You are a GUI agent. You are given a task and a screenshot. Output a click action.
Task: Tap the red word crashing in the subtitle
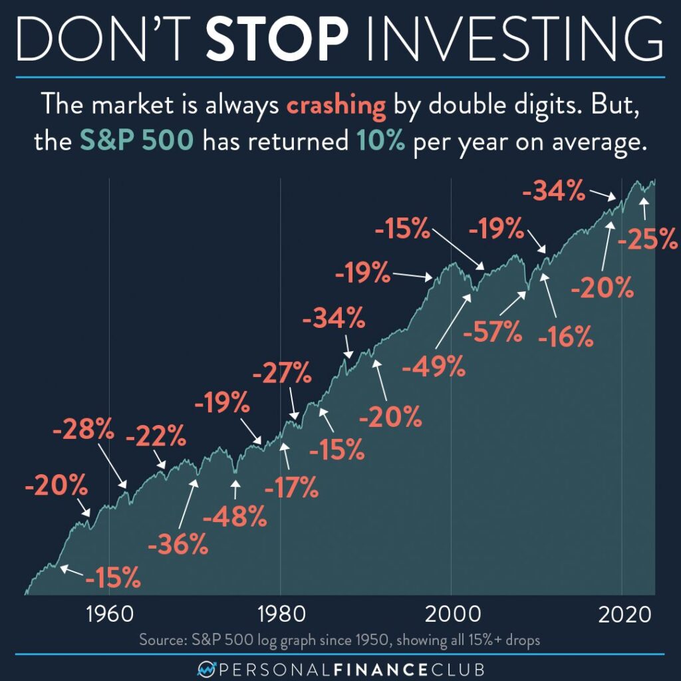[x=337, y=106]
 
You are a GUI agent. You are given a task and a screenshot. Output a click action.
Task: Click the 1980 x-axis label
[x=281, y=614]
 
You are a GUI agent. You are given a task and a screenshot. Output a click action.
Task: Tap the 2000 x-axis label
[x=452, y=614]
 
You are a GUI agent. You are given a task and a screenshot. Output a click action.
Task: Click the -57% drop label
[x=493, y=331]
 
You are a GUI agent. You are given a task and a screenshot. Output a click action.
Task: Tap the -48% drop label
[x=235, y=516]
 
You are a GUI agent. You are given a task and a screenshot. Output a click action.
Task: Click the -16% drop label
[x=565, y=338]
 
